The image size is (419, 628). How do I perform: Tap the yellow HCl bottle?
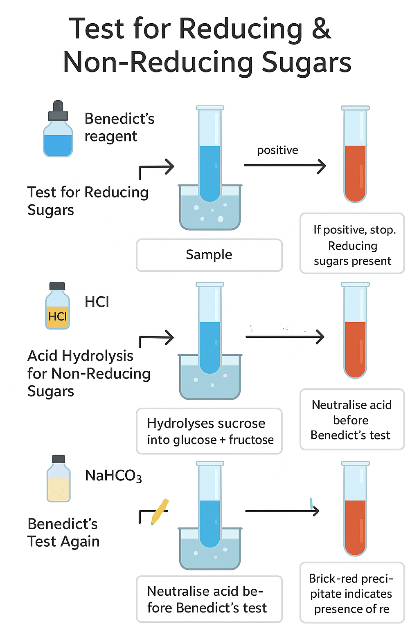(x=57, y=311)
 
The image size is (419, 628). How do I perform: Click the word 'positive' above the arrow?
(x=277, y=150)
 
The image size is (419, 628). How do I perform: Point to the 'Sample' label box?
(x=209, y=255)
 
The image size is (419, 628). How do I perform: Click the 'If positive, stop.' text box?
(x=352, y=244)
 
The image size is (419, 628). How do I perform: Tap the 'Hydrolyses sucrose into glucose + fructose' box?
(x=209, y=431)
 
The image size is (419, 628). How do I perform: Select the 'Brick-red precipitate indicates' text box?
(x=352, y=593)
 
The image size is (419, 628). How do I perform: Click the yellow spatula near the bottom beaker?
(x=160, y=511)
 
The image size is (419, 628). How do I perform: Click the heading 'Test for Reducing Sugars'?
(x=88, y=201)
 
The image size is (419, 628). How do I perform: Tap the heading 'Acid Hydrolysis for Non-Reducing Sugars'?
(x=88, y=373)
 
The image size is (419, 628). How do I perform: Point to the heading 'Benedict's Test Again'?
(x=63, y=532)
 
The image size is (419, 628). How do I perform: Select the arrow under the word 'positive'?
(x=285, y=166)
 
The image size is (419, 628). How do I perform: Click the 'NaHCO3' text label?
(x=113, y=476)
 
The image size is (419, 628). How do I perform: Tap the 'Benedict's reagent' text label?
(x=119, y=127)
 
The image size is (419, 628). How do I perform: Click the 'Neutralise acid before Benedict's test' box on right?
(x=352, y=420)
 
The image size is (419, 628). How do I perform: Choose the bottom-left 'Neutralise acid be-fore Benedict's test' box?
(x=209, y=599)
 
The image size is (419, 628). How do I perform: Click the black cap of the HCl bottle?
(x=57, y=286)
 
